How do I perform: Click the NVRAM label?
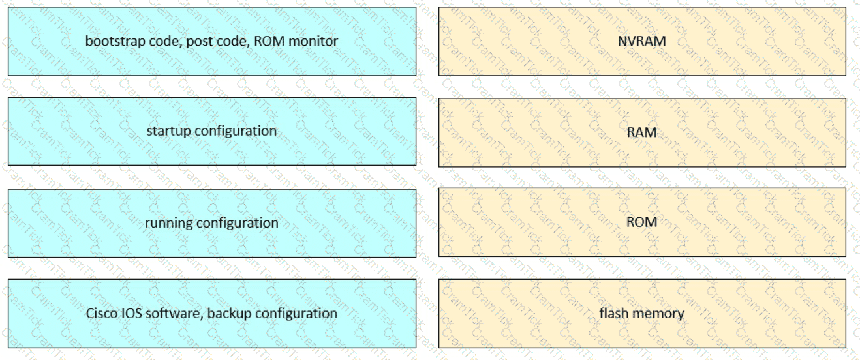pos(641,41)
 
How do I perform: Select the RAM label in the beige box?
pos(641,132)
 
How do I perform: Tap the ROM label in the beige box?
pos(641,222)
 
